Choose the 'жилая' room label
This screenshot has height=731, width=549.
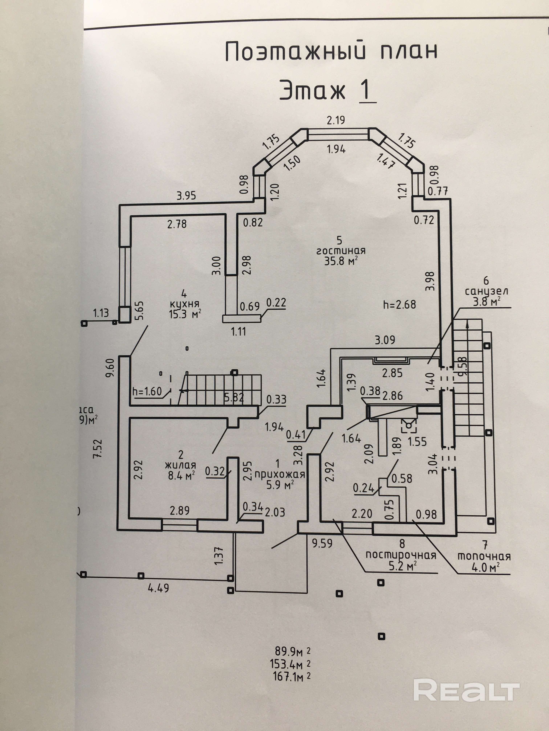point(180,465)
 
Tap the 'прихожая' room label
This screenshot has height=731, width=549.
point(280,475)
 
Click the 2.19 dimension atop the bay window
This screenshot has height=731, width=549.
point(336,120)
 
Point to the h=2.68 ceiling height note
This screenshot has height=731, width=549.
point(399,304)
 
